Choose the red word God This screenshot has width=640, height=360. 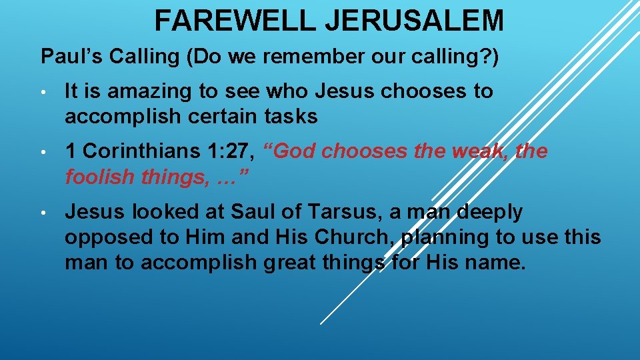[x=293, y=151]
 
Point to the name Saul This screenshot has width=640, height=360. [x=251, y=212]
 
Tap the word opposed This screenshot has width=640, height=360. [x=98, y=237]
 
